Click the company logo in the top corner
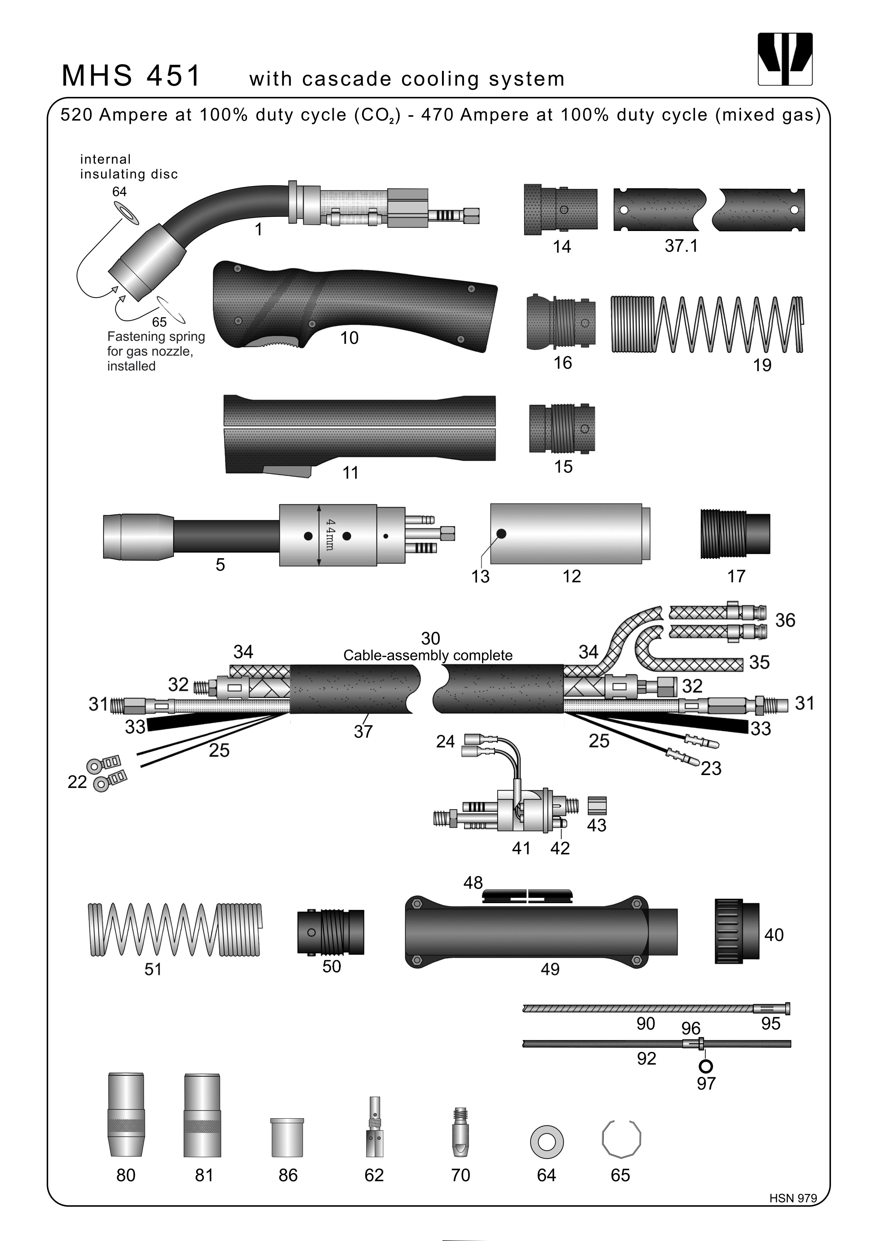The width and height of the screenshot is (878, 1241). (x=785, y=59)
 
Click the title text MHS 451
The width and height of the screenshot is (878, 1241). (x=131, y=76)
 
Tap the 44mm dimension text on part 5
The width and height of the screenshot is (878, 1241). (x=330, y=535)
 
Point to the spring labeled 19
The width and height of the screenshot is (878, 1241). (x=707, y=324)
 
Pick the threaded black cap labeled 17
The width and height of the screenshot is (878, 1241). (x=735, y=533)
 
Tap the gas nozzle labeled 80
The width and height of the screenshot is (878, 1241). (x=126, y=1114)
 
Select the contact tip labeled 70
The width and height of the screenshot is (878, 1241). (x=460, y=1129)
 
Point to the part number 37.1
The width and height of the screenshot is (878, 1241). (x=681, y=246)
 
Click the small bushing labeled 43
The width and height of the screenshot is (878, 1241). (x=597, y=806)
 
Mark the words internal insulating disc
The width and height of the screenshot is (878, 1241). (x=129, y=167)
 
